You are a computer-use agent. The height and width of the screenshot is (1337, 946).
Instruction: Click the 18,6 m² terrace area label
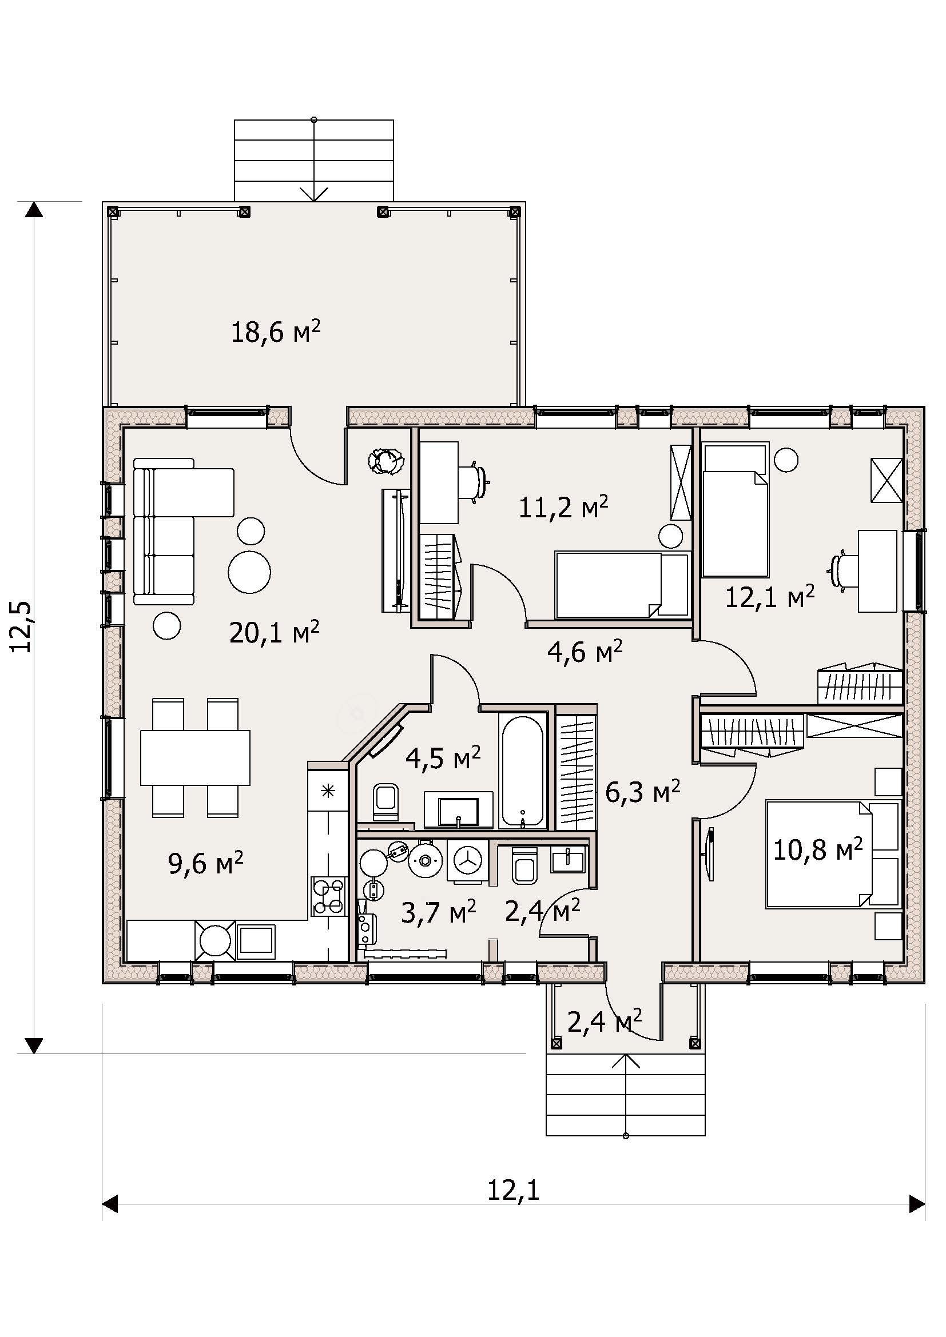[276, 332]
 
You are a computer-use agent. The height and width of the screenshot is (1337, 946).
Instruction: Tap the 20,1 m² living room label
[275, 632]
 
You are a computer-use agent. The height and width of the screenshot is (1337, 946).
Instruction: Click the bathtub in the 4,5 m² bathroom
[522, 772]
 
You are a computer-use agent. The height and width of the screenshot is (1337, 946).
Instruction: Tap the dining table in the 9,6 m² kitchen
[195, 757]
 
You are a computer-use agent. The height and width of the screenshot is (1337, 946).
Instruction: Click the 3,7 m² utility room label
[439, 912]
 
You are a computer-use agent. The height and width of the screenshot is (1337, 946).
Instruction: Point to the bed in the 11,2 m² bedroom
[622, 585]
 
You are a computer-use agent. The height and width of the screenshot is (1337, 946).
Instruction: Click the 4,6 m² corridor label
[585, 652]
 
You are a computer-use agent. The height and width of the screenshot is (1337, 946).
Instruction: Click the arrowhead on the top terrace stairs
[314, 194]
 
